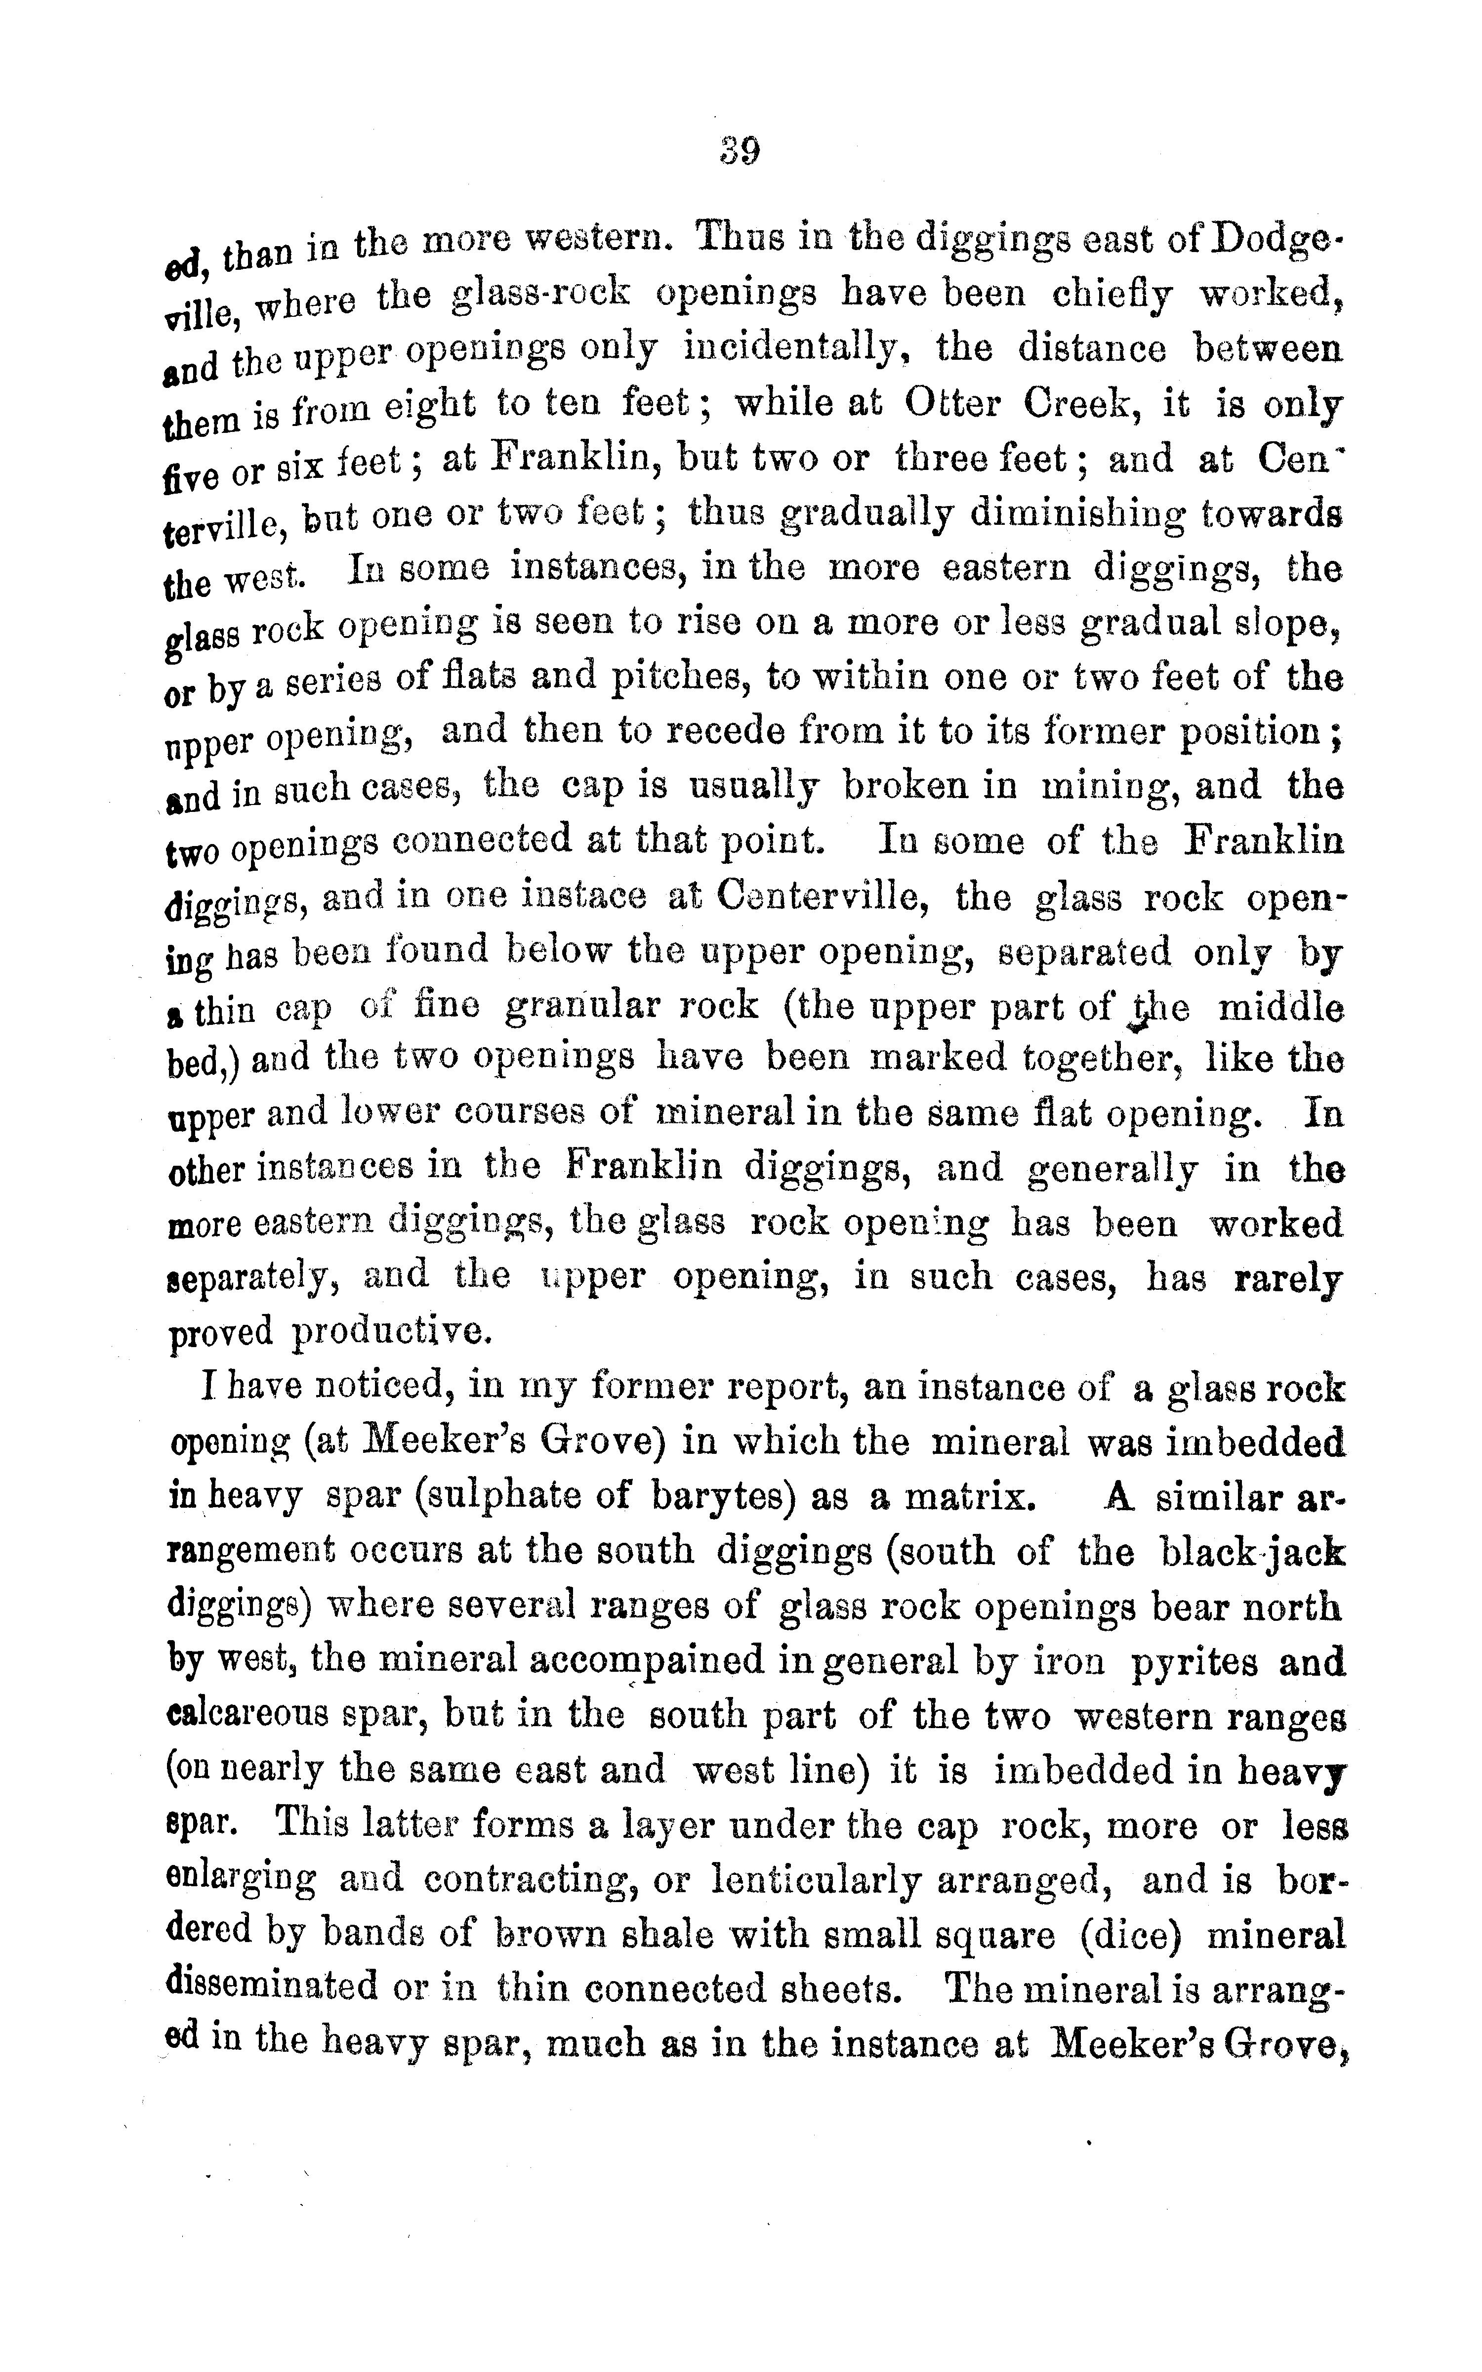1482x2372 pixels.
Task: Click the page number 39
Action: [x=740, y=152]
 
